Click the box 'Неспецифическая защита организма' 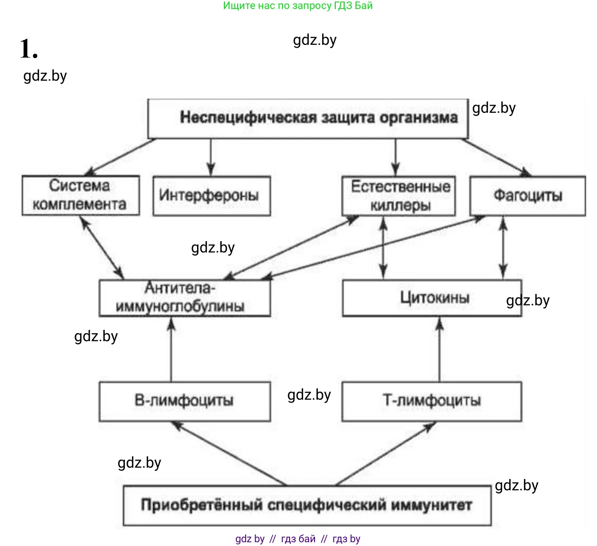point(308,118)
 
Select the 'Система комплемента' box point(80,195)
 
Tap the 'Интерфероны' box point(211,195)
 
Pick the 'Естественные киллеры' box point(398,196)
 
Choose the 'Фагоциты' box point(528,195)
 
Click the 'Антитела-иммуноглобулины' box point(184,298)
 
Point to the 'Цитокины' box point(431,298)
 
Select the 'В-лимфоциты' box point(184,401)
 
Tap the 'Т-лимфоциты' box point(431,401)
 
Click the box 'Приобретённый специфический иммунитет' point(307,505)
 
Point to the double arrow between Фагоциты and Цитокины point(503,248)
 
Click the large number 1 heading point(28,49)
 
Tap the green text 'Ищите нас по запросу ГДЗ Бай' point(298,6)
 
